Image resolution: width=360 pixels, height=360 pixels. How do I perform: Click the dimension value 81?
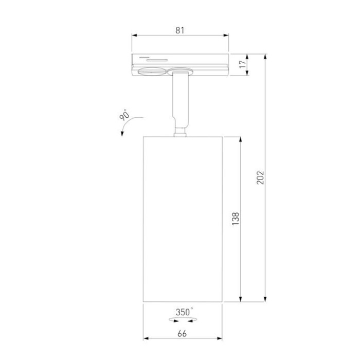(180, 30)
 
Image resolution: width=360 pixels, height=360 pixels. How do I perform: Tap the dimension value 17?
(243, 64)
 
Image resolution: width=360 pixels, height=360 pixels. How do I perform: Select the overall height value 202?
(260, 177)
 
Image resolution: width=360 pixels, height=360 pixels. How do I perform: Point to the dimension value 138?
(236, 219)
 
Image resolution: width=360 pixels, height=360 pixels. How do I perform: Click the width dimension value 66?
(182, 334)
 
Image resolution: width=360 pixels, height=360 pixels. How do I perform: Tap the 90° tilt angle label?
(124, 115)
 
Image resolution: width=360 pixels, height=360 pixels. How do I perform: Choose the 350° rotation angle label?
(184, 312)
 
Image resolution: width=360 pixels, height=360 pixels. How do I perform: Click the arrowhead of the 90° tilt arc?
(122, 133)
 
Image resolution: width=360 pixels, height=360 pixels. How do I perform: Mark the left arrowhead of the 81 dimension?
(135, 35)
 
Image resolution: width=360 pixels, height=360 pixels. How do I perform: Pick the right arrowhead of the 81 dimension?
(226, 35)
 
